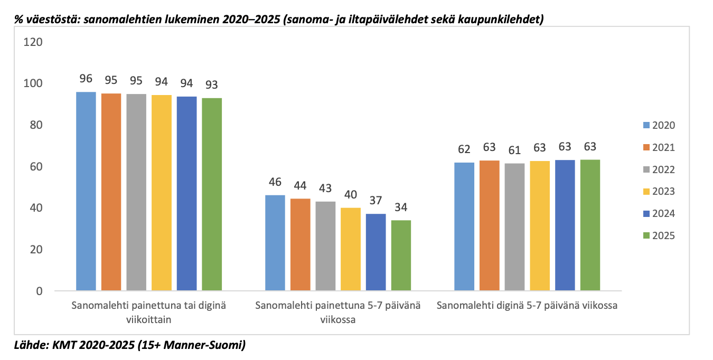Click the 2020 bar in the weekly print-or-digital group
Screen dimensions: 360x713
[x=86, y=191]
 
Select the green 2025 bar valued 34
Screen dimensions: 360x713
[x=401, y=255]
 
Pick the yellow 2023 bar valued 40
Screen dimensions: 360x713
[x=350, y=249]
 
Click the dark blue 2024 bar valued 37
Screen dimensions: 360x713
[x=376, y=252]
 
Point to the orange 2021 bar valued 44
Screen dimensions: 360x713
[x=300, y=245]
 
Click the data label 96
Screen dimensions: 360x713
[x=86, y=79]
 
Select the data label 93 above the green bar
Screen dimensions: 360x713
[x=212, y=84]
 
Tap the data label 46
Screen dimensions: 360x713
[x=275, y=182]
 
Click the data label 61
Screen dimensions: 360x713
[x=514, y=150]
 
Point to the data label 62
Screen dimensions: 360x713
[x=464, y=149]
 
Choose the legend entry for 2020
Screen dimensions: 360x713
[x=658, y=126]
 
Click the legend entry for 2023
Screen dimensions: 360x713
[x=658, y=192]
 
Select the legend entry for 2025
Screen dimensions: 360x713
[x=658, y=236]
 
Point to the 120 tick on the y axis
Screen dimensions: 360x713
[x=34, y=42]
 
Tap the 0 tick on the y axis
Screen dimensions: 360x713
[x=40, y=291]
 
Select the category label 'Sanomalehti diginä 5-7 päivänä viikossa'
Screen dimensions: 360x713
[x=527, y=306]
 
